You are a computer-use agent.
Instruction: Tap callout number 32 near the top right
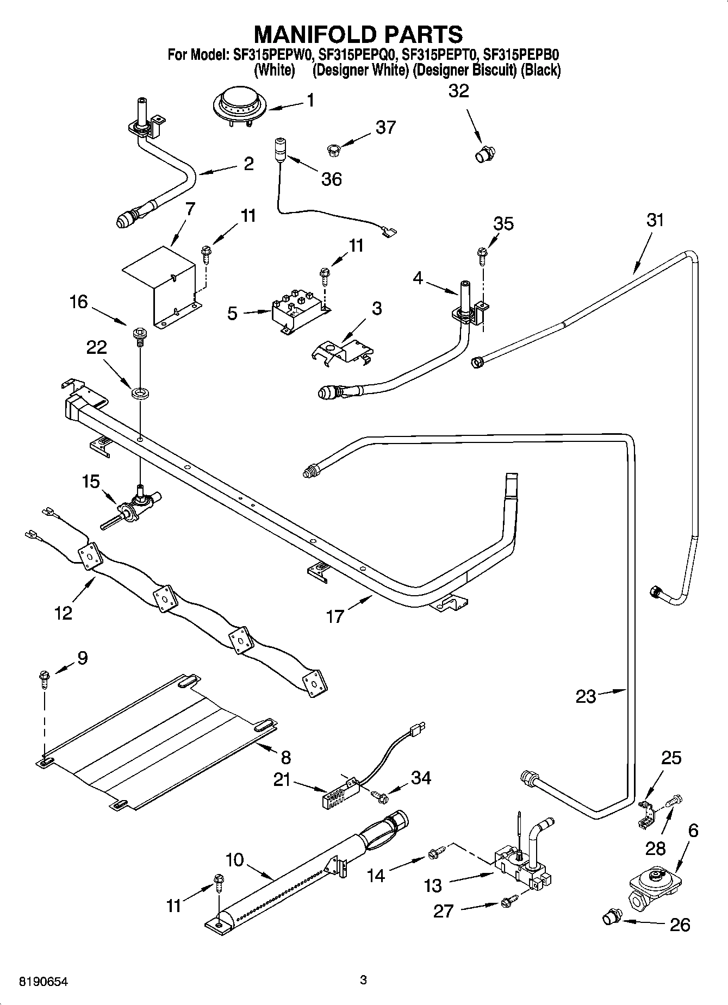point(458,91)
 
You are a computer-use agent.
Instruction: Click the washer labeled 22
point(140,391)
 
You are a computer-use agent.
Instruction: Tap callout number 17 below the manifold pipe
point(335,616)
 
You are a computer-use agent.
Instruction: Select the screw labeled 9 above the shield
point(43,679)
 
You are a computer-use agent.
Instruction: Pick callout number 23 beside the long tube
point(586,696)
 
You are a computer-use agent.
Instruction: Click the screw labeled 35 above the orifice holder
point(482,253)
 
